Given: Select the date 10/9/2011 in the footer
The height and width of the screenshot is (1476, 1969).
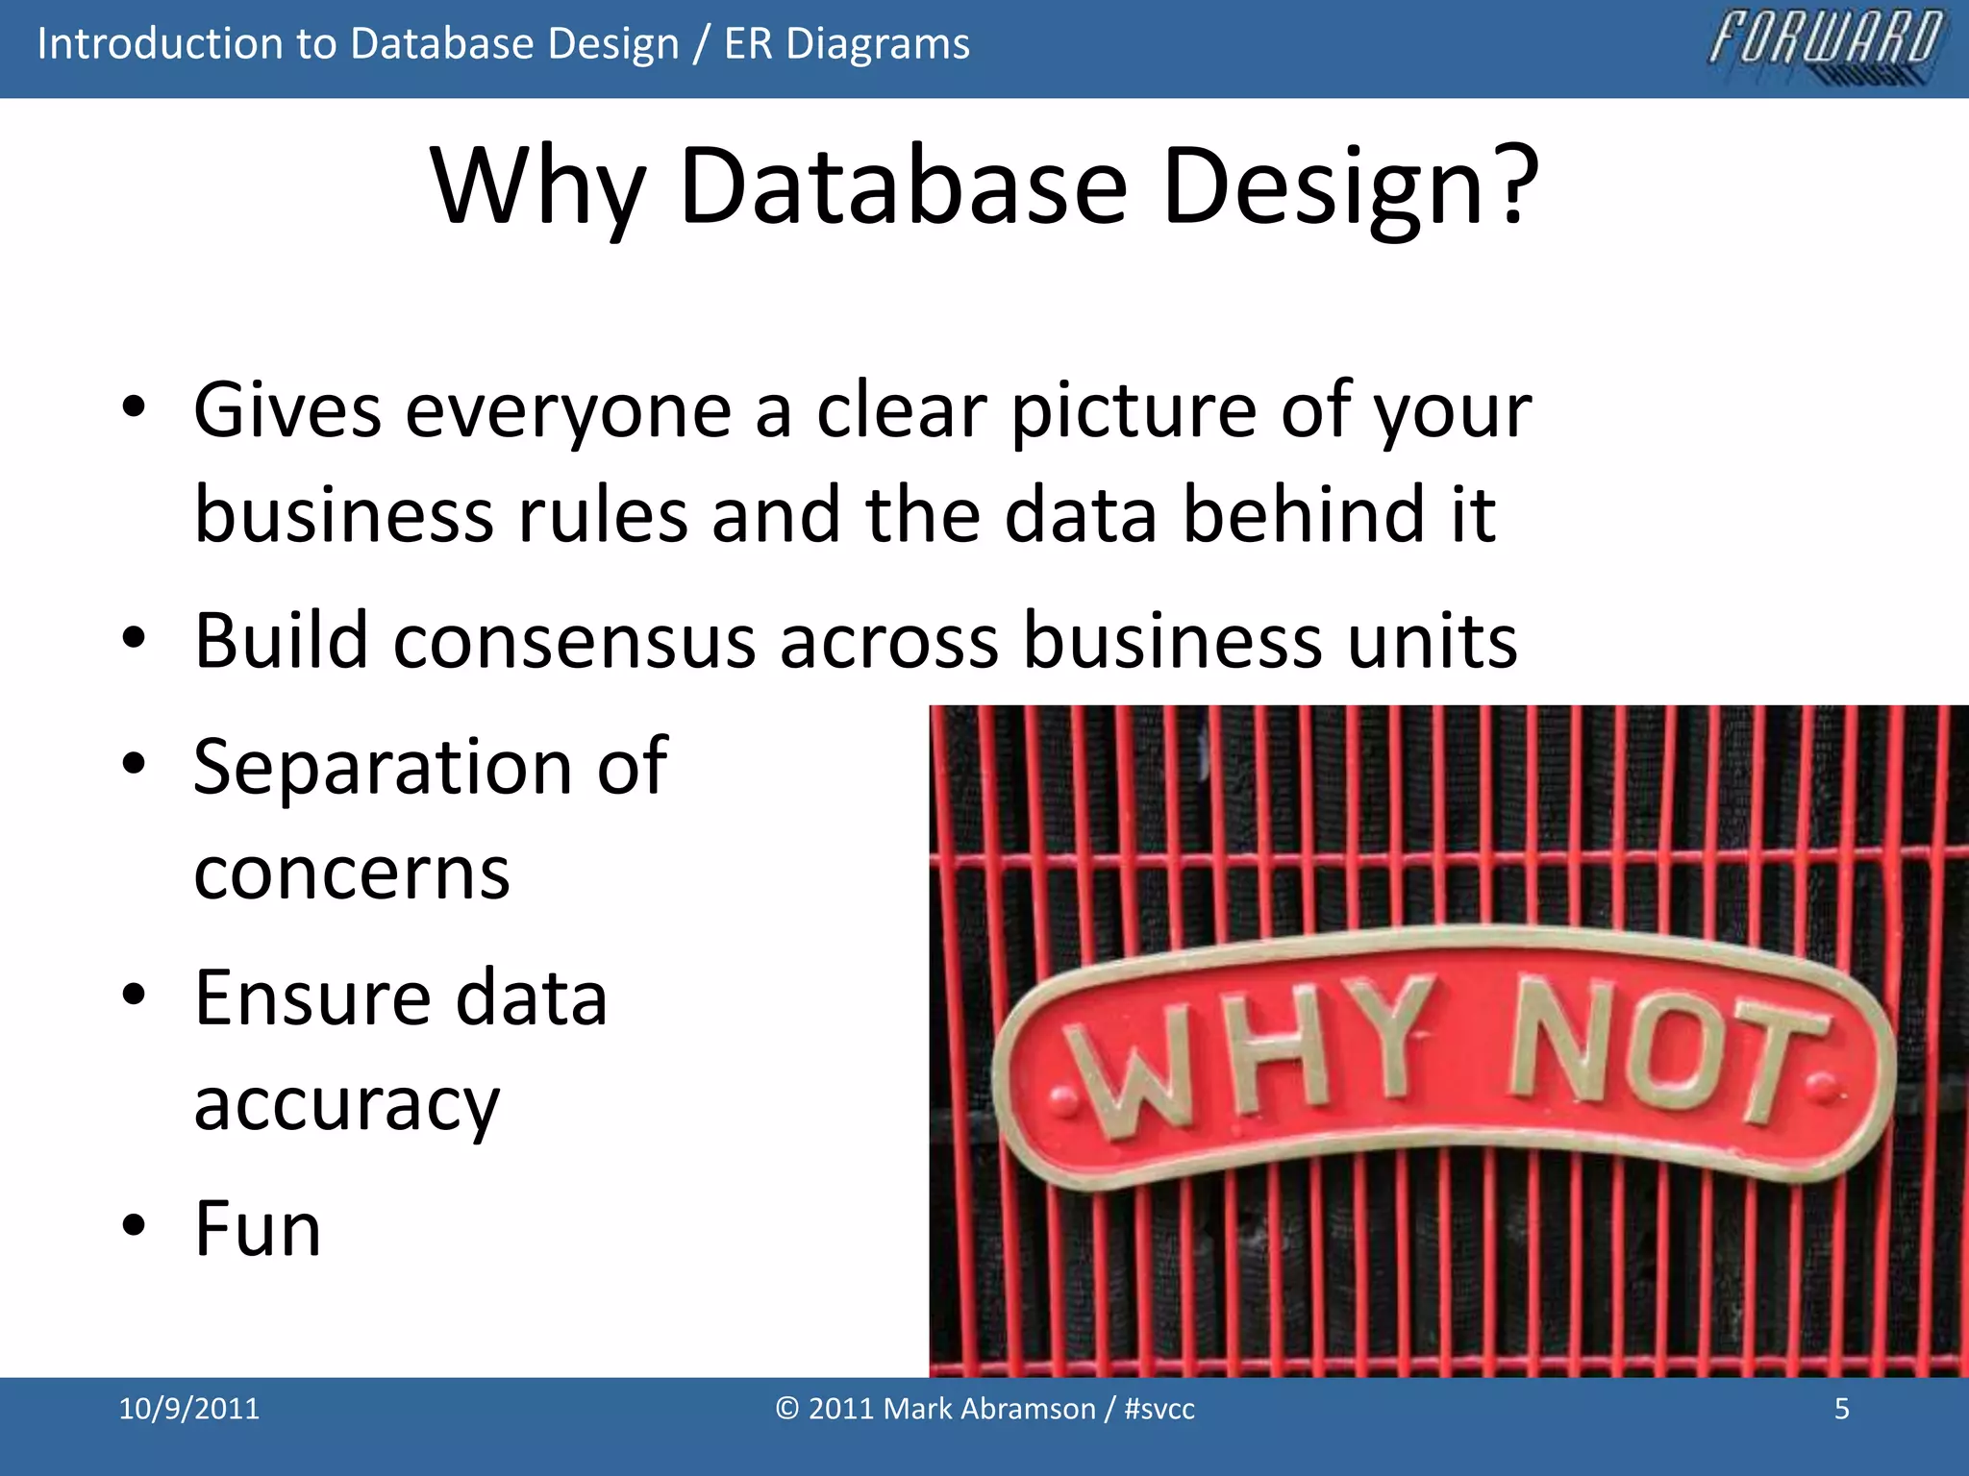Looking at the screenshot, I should [188, 1409].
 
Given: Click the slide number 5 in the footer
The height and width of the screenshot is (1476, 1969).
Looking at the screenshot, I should [1841, 1409].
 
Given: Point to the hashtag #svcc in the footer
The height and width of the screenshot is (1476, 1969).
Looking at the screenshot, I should [1159, 1409].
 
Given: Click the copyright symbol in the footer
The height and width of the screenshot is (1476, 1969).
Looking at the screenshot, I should [787, 1409].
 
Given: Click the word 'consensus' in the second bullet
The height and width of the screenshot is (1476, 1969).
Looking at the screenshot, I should [574, 641].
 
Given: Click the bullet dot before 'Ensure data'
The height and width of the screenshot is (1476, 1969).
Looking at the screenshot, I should [134, 995].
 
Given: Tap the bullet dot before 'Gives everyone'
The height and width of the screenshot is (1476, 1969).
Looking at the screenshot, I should [134, 407].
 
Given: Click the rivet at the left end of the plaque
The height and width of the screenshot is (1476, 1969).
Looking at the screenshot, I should [1063, 1099].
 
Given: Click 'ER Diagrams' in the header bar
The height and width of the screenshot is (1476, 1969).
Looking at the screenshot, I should [846, 44].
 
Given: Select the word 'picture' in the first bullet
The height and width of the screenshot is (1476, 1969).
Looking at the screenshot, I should [1133, 411].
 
